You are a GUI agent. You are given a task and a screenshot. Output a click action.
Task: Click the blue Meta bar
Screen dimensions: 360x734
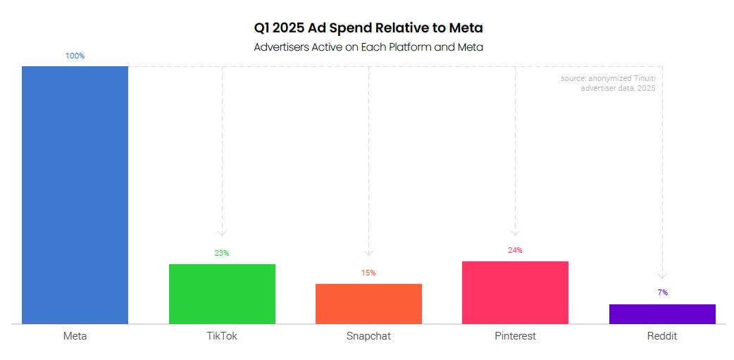coord(75,195)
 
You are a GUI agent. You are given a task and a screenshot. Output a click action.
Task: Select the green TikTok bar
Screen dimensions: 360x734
coord(222,294)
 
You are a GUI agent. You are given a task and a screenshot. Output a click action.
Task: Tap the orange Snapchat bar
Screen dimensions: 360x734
coord(368,304)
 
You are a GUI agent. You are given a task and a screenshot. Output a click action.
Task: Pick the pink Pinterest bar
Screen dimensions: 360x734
coord(515,292)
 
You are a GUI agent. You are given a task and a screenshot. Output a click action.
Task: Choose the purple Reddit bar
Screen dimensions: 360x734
coord(662,314)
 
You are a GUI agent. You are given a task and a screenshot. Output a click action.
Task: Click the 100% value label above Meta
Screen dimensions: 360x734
coord(75,56)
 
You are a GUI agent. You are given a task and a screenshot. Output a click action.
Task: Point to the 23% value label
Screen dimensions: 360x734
coord(222,253)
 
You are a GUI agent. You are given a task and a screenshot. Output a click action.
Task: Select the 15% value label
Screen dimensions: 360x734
coord(368,273)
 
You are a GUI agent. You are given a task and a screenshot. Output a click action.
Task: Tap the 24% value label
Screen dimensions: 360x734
coord(515,250)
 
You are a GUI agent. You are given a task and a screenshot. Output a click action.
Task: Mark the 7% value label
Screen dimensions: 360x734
coord(662,292)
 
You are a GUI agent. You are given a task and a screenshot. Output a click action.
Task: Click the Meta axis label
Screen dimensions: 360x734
coord(75,336)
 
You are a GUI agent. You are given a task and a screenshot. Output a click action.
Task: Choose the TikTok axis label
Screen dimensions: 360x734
coord(222,336)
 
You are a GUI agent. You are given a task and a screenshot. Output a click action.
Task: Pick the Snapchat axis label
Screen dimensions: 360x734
coord(368,336)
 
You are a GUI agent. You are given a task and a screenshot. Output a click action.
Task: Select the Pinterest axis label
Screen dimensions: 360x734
coord(515,336)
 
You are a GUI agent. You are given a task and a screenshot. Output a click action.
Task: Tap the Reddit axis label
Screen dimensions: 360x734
coord(662,336)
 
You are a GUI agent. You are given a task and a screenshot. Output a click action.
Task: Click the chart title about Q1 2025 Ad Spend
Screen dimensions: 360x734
coord(368,28)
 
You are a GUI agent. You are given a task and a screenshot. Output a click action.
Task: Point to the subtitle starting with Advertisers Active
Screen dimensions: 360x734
coord(368,47)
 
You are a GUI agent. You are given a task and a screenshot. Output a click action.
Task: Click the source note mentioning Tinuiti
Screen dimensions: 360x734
coord(612,83)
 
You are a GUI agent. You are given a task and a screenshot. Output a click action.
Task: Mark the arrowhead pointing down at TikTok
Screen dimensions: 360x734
coord(222,232)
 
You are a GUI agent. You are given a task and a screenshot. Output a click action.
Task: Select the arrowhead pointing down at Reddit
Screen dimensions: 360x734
coord(662,275)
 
